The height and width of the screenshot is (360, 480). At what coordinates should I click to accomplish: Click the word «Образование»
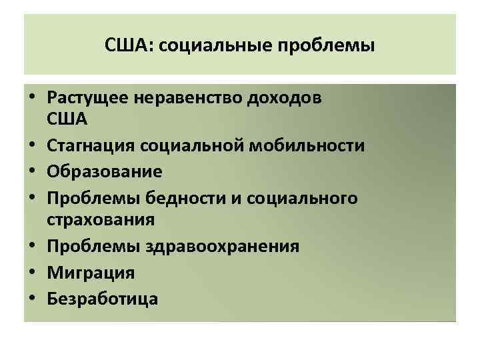tap(105, 171)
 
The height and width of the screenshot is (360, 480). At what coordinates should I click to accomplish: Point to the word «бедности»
tap(166, 197)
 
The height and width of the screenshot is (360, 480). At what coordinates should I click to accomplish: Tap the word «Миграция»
tap(91, 272)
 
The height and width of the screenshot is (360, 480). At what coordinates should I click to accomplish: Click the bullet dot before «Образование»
tap(32, 172)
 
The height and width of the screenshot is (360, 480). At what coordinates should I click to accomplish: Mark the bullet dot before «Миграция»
tap(32, 273)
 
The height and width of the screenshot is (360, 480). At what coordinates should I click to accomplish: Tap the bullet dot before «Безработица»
tap(32, 298)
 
